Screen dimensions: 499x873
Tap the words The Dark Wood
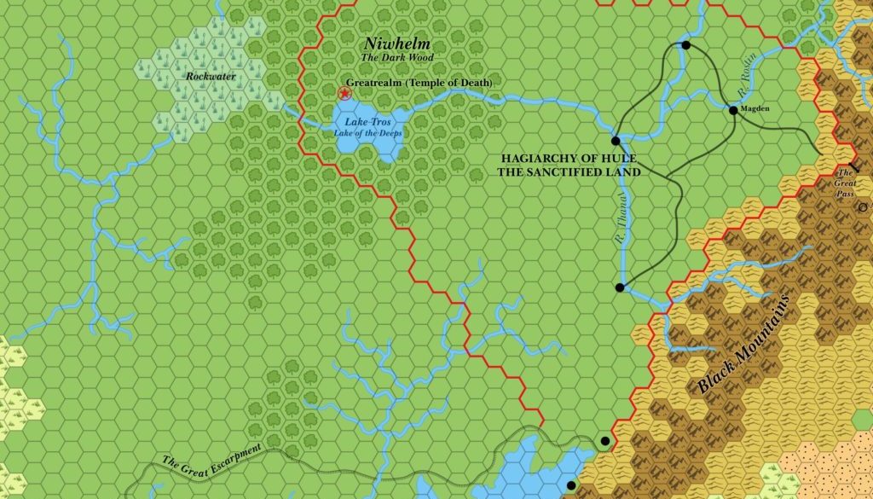coord(398,57)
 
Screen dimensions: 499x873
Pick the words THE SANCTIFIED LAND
coord(569,171)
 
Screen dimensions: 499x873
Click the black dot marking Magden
coord(732,110)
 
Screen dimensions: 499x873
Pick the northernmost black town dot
coord(685,45)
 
